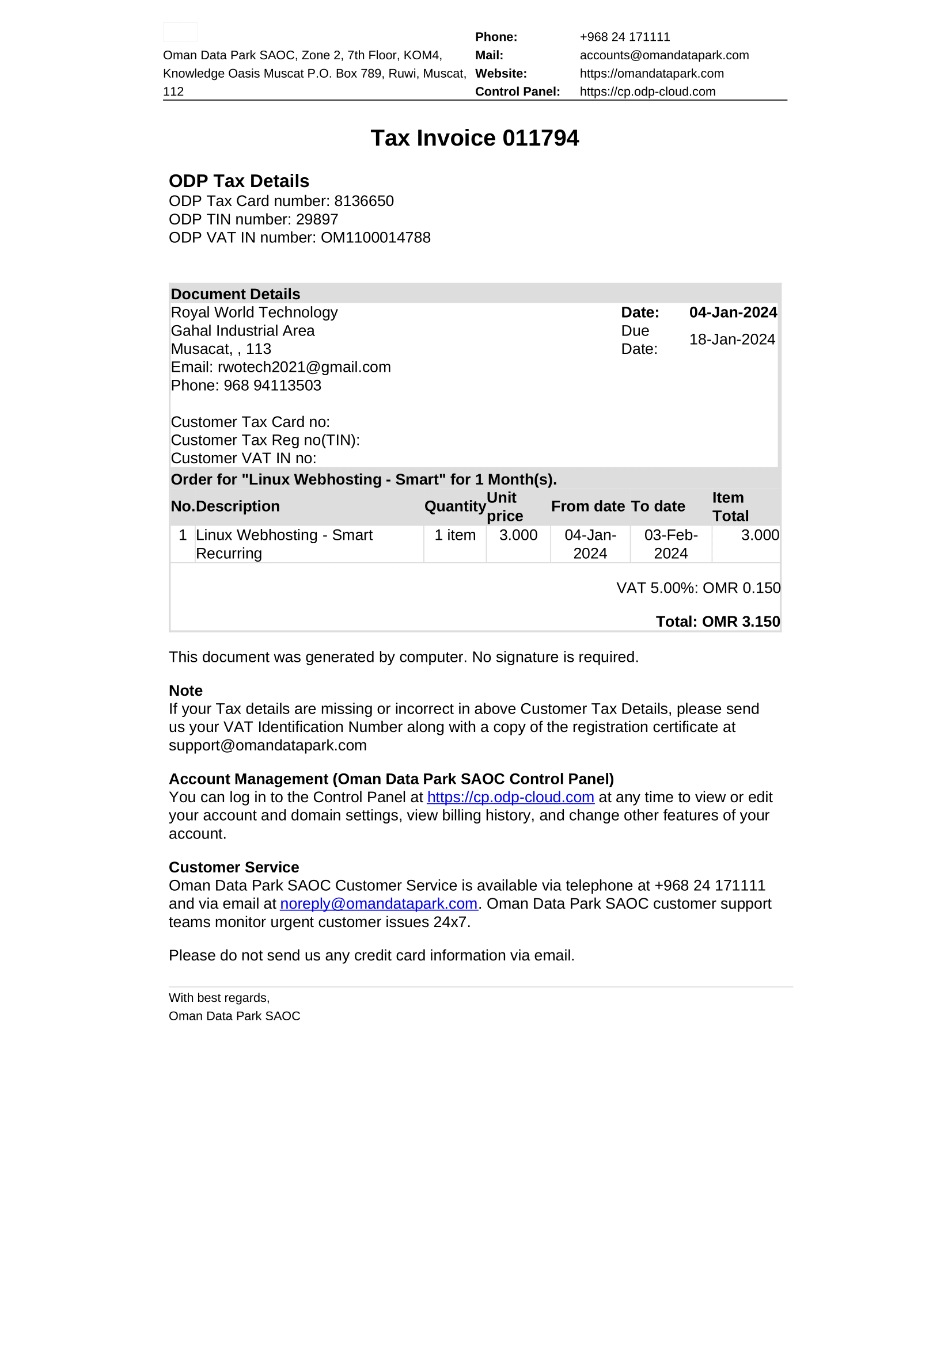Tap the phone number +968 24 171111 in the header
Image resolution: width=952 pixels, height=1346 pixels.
pyautogui.click(x=625, y=37)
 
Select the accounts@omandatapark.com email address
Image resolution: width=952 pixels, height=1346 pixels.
pyautogui.click(x=664, y=55)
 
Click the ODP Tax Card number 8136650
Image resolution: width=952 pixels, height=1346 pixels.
pyautogui.click(x=363, y=201)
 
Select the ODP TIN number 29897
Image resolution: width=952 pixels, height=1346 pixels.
pyautogui.click(x=317, y=219)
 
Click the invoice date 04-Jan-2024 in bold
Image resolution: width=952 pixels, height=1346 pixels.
pyautogui.click(x=733, y=312)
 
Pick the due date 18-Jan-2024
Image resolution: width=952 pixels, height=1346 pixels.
pyautogui.click(x=732, y=340)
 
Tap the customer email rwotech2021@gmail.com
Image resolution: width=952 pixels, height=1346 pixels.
pyautogui.click(x=304, y=367)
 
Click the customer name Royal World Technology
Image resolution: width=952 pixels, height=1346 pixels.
pyautogui.click(x=254, y=312)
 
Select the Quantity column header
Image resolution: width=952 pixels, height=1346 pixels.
pyautogui.click(x=454, y=506)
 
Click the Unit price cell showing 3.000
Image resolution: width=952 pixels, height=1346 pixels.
pyautogui.click(x=518, y=535)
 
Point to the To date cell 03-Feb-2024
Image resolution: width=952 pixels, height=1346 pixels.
pyautogui.click(x=671, y=544)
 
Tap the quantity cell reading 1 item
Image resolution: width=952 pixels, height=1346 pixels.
pyautogui.click(x=454, y=535)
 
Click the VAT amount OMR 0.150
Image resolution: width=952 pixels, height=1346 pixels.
pyautogui.click(x=741, y=588)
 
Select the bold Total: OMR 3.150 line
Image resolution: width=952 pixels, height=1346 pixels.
pyautogui.click(x=718, y=621)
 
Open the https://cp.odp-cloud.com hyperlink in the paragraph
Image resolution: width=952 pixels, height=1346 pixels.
pyautogui.click(x=510, y=797)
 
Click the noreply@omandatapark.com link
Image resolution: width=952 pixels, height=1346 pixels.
pyautogui.click(x=378, y=903)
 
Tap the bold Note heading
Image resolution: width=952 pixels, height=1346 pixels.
pyautogui.click(x=185, y=691)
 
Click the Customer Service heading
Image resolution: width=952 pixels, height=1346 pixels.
pyautogui.click(x=233, y=867)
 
